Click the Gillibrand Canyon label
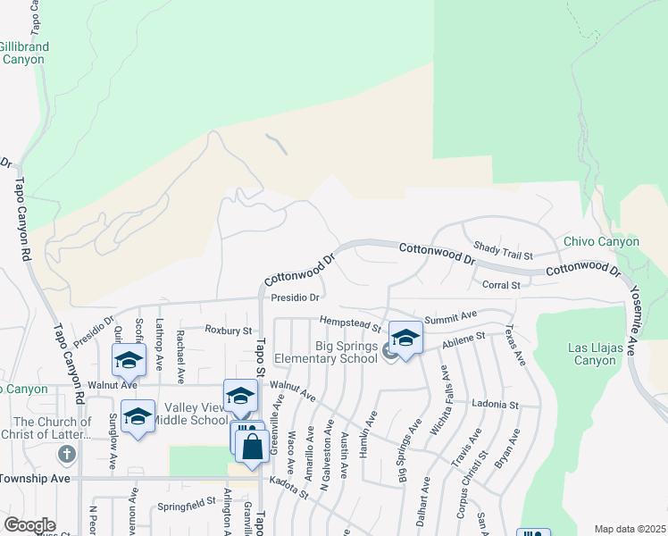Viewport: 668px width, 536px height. coord(24,53)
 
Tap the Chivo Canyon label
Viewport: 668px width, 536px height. coord(601,242)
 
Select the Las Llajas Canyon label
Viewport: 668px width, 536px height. coord(593,354)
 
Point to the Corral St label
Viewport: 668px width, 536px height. coord(500,285)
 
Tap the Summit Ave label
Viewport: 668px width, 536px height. coord(451,317)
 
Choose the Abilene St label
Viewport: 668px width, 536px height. coord(461,340)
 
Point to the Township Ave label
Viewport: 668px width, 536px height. coord(35,479)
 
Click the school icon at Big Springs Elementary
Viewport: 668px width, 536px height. coord(405,338)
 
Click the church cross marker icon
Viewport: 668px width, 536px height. coord(66,454)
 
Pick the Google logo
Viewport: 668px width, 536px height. coord(29,525)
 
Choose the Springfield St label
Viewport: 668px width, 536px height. coord(187,503)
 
